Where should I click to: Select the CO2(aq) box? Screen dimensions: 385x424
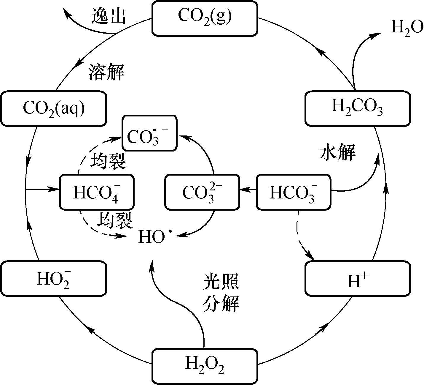(54, 108)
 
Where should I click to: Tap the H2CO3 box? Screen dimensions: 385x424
(358, 108)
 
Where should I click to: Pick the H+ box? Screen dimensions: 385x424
(358, 278)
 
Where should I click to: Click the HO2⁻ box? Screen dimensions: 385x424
(54, 278)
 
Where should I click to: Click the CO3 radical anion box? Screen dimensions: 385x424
(150, 133)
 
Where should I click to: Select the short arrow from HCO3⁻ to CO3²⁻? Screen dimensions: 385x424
(248, 189)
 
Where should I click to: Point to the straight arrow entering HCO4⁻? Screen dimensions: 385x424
(43, 189)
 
